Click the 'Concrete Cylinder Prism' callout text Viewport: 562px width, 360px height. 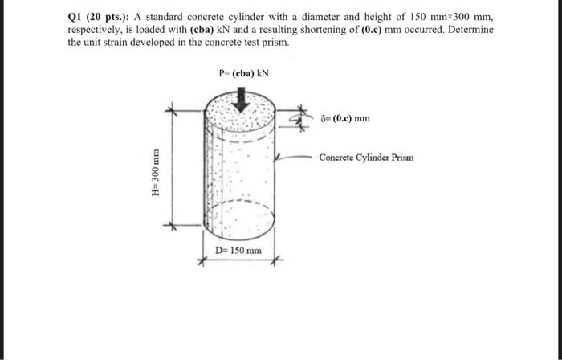pyautogui.click(x=366, y=157)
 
